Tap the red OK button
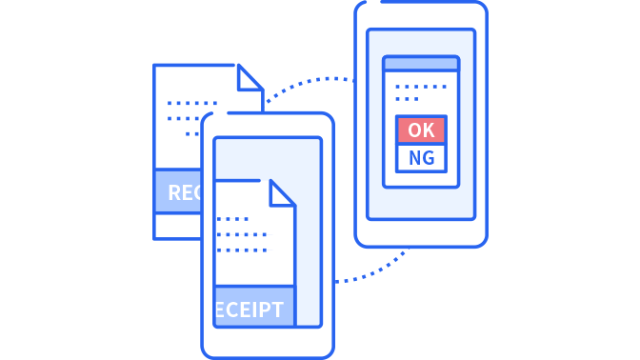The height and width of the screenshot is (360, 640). [421, 130]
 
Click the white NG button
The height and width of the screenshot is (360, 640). [421, 157]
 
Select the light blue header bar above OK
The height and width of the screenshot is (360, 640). [421, 64]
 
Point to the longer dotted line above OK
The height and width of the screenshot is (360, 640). [421, 87]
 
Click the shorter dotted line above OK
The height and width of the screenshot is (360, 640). [407, 98]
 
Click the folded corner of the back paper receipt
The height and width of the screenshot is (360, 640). [250, 78]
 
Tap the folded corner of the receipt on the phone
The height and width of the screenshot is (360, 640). [282, 192]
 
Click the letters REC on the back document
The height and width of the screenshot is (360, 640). [185, 193]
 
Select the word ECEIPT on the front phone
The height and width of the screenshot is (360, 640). [250, 310]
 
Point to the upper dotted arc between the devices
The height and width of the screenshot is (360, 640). [310, 82]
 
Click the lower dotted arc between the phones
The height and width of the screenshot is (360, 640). [376, 271]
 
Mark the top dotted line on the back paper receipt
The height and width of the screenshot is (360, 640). [192, 103]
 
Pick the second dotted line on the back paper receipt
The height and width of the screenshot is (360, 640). [187, 119]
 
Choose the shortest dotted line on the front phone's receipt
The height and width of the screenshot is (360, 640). [232, 219]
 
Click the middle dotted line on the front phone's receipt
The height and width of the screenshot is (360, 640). [242, 234]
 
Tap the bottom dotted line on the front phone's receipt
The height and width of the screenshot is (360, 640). [242, 250]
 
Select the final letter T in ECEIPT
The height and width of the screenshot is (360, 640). [278, 310]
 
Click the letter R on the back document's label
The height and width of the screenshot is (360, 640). [174, 193]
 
